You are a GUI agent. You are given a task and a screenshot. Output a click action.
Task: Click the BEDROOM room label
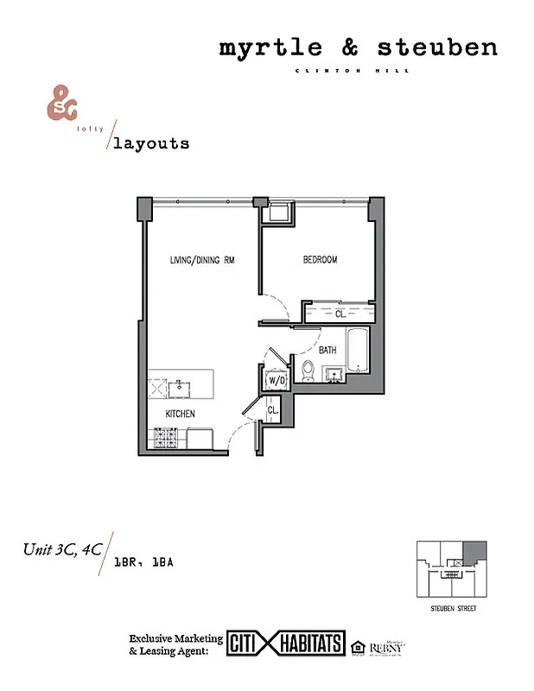(x=320, y=260)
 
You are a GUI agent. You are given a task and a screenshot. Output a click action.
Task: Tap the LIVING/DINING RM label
(x=203, y=260)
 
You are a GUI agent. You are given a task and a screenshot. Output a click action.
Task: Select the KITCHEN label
(x=181, y=414)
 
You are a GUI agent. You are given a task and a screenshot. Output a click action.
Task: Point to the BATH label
(x=327, y=351)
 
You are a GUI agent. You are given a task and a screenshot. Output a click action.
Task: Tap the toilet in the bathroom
(x=308, y=371)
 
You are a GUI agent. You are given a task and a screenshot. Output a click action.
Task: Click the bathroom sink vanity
(x=334, y=373)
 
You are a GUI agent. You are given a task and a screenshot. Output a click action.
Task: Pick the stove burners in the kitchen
(x=166, y=438)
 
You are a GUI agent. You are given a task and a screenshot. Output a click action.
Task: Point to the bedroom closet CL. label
(x=340, y=314)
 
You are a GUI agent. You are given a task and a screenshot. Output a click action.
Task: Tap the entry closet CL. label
(x=271, y=410)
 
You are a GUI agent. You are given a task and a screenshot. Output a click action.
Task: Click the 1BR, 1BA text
(x=144, y=562)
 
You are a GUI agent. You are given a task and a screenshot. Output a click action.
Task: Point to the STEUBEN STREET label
(x=454, y=610)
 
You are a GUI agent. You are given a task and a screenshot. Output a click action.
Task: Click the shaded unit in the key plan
(x=474, y=553)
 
